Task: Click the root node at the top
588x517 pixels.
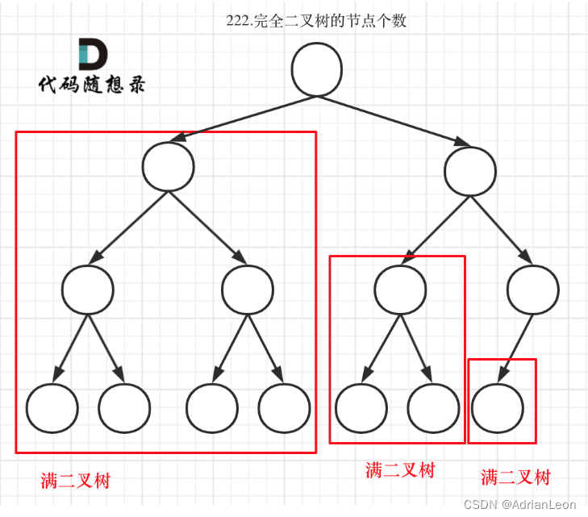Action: [317, 69]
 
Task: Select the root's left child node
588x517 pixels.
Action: [168, 166]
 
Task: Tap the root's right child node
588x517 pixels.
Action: [470, 171]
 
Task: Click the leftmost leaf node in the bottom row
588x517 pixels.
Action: [52, 408]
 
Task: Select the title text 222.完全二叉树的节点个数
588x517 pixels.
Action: [316, 21]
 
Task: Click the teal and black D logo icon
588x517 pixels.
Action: [92, 55]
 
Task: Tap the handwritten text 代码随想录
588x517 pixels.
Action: [92, 85]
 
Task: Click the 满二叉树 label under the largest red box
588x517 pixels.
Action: [75, 481]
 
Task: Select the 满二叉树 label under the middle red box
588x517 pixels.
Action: [399, 470]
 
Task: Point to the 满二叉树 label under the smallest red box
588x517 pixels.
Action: [515, 477]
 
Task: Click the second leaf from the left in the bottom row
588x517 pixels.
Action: [124, 408]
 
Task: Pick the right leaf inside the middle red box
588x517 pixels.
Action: [433, 408]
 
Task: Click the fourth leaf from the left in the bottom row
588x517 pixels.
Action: [284, 408]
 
